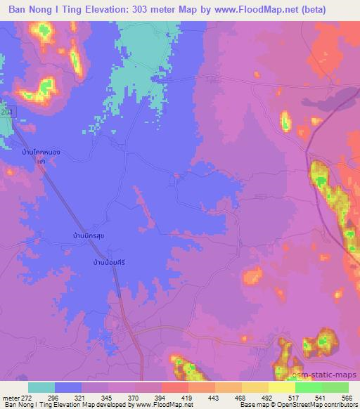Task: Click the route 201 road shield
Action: click(6, 112)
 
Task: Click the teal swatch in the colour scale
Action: click(41, 387)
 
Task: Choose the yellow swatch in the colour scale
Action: click(282, 387)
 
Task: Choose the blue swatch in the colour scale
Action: click(68, 387)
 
